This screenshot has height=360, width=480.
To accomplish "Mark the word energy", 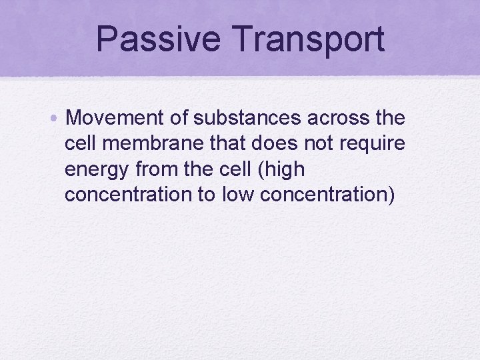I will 97,170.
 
